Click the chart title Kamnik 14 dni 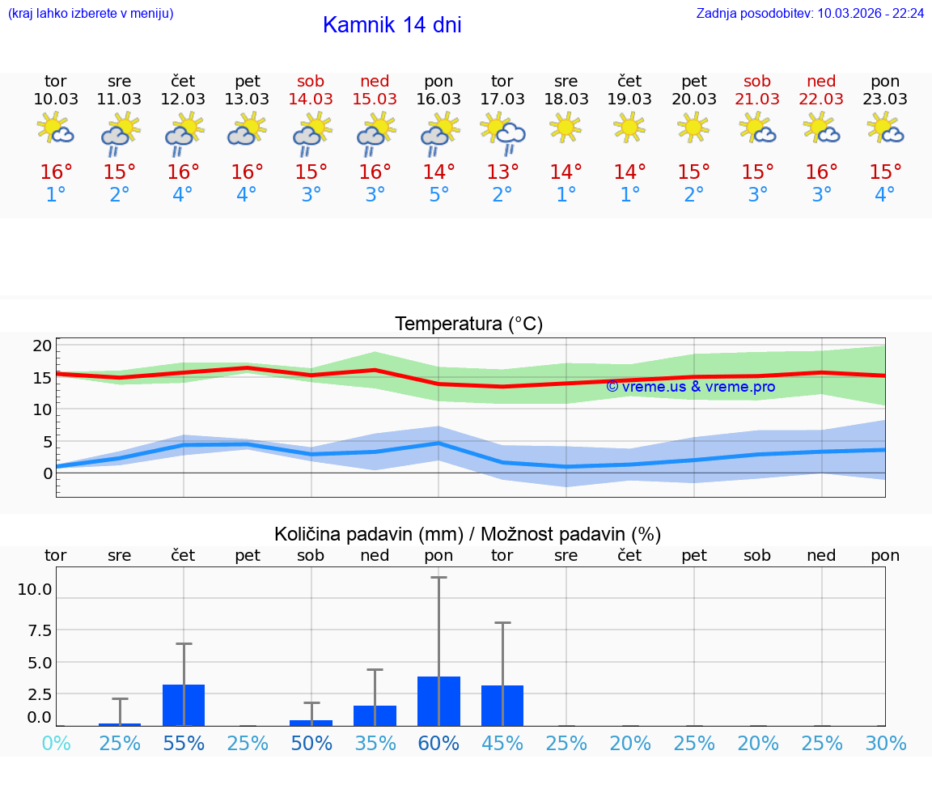(x=392, y=25)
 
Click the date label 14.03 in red (x=311, y=99)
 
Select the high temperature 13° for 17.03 (x=502, y=172)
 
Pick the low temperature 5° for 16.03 (x=438, y=194)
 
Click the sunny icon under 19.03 (x=629, y=127)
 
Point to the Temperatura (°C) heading (x=468, y=325)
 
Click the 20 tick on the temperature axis (x=42, y=346)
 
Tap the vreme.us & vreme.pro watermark (x=690, y=387)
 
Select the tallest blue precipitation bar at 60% (x=438, y=702)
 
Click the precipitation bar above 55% (x=184, y=705)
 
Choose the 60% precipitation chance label (x=438, y=743)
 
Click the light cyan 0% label (x=56, y=743)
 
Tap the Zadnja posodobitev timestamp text (x=809, y=13)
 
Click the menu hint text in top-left (x=91, y=13)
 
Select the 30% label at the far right (x=885, y=743)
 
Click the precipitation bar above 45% (x=502, y=706)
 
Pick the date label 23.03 (x=885, y=99)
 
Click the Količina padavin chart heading (x=468, y=534)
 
